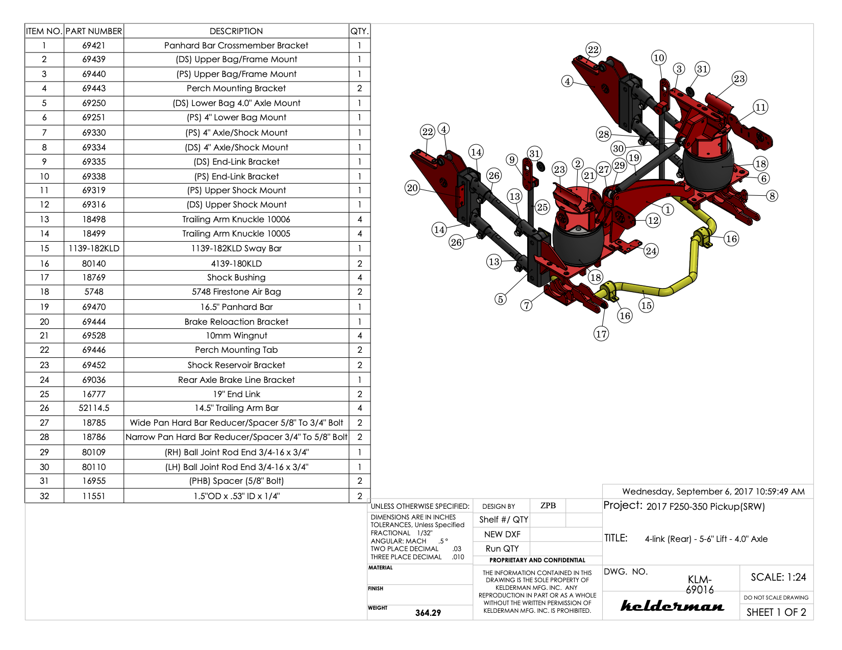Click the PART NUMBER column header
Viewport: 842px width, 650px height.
94,31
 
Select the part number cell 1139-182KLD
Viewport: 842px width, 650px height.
94,248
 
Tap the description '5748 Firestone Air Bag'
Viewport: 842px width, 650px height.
236,292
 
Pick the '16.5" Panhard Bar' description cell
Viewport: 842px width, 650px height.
236,307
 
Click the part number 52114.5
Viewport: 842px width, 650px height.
94,408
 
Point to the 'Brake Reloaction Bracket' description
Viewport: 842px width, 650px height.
236,322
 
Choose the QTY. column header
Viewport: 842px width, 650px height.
359,31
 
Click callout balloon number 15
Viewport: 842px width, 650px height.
646,305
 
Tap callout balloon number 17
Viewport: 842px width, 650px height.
601,334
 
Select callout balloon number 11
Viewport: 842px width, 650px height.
760,107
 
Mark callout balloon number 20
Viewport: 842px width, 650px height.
412,188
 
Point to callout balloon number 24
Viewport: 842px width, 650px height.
651,251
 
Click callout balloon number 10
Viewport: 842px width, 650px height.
659,58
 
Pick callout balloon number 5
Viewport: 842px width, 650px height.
501,299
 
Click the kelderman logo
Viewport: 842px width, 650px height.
672,606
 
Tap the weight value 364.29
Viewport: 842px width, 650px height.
428,613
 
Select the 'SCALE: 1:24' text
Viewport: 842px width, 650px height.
778,577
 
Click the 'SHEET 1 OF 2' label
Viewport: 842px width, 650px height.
776,612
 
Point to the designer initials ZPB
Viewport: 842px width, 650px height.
548,506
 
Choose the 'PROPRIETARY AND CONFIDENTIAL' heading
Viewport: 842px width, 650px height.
537,560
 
